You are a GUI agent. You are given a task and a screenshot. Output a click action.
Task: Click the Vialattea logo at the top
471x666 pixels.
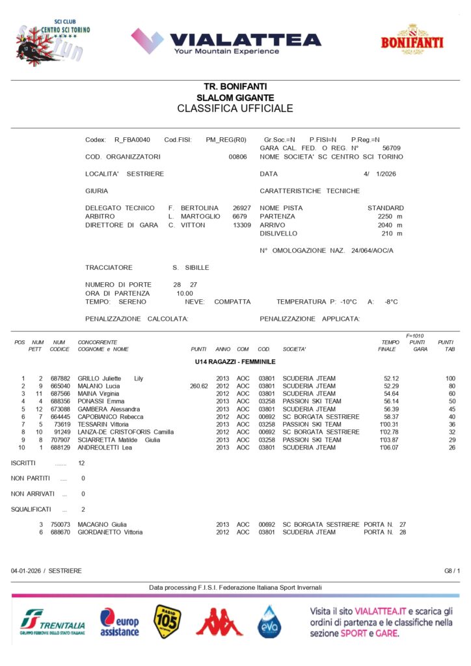(226, 41)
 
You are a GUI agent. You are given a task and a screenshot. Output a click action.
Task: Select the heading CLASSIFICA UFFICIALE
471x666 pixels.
(235, 109)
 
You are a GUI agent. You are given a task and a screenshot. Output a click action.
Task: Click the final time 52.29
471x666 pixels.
(391, 386)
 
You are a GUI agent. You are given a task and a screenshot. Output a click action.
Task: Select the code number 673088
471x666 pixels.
(60, 409)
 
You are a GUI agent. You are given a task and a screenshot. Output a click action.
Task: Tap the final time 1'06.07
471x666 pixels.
(388, 447)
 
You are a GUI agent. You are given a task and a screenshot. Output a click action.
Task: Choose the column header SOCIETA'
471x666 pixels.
(295, 350)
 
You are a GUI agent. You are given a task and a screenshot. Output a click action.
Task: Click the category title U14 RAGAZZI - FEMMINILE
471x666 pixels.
(235, 361)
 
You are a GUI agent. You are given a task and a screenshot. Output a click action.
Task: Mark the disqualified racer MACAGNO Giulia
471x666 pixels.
(102, 524)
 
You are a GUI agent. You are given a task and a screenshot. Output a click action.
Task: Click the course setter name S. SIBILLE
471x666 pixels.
(185, 268)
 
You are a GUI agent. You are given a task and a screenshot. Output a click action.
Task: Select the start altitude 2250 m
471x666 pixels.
(390, 217)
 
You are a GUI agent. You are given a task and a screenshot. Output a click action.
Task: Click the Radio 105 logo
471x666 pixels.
(167, 622)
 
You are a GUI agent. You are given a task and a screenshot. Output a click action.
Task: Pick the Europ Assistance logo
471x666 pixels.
(120, 622)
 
